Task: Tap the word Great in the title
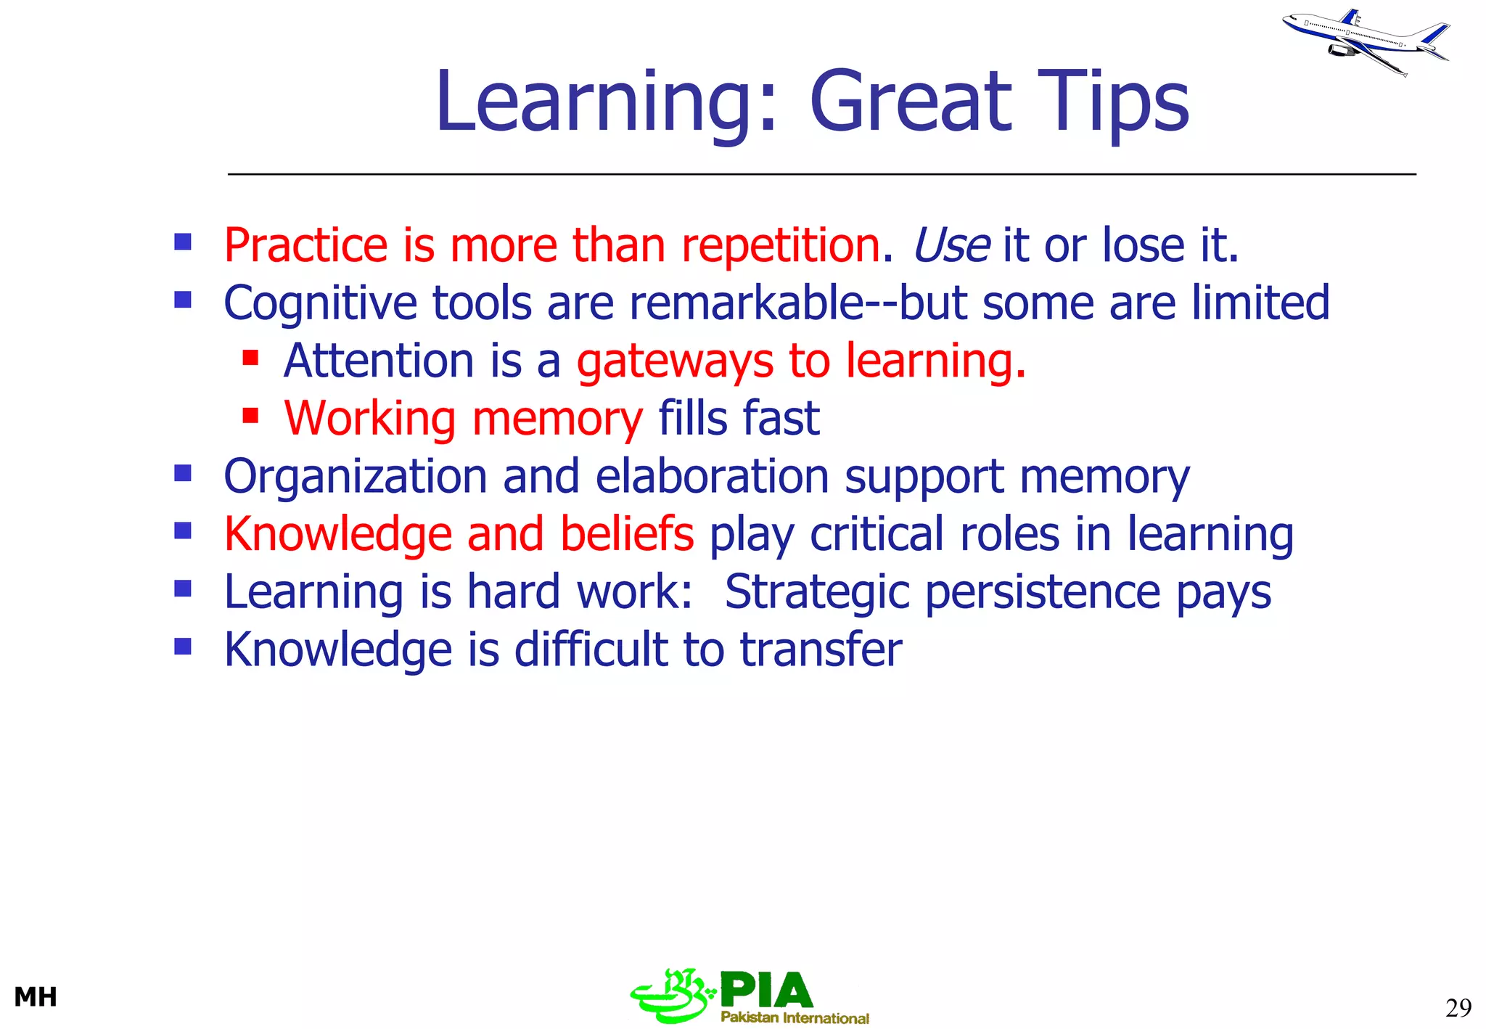(x=910, y=102)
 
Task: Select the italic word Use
(x=951, y=245)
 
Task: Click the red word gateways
(x=675, y=361)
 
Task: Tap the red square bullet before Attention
(x=250, y=358)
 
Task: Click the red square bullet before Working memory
(x=250, y=416)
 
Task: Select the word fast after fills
(x=781, y=419)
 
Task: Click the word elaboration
(x=712, y=477)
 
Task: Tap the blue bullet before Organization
(x=183, y=474)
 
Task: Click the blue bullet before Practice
(x=183, y=242)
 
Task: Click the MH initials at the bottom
(x=36, y=997)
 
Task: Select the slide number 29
(x=1458, y=1008)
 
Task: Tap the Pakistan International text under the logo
(x=795, y=1018)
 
